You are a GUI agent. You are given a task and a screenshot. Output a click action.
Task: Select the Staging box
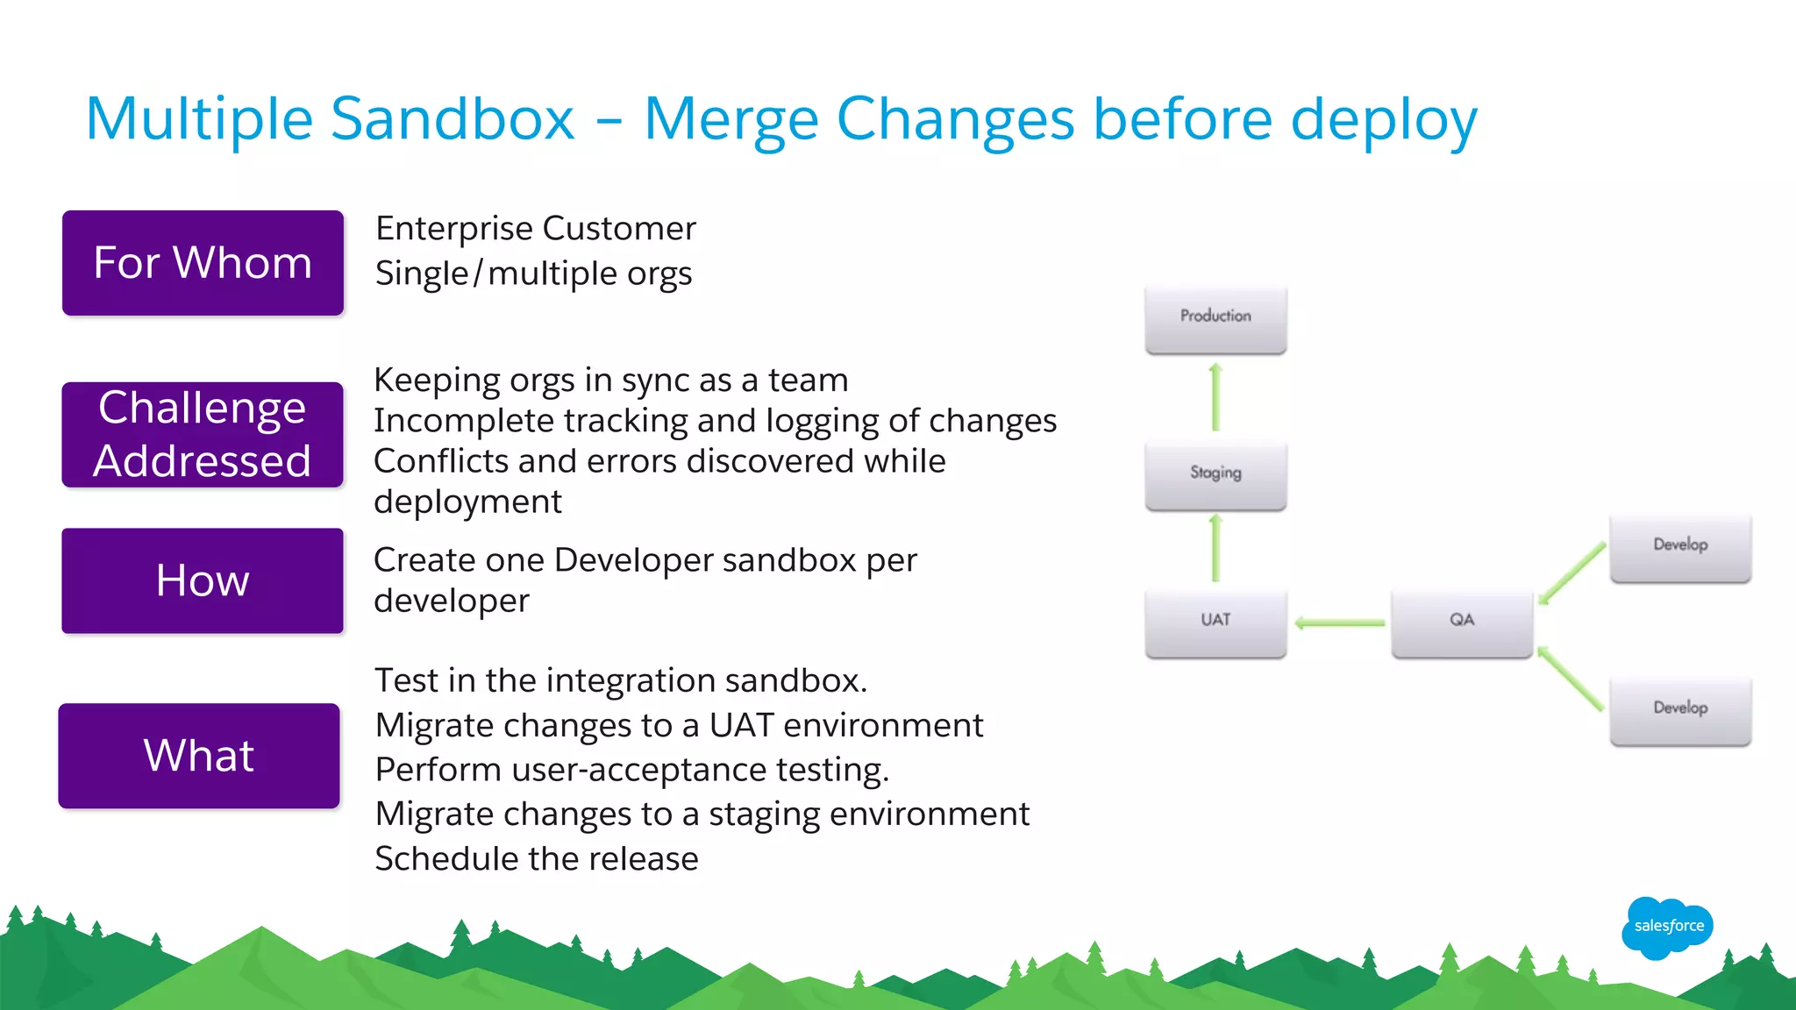pyautogui.click(x=1215, y=475)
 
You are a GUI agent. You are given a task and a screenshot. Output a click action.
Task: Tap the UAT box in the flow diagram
pyautogui.click(x=1215, y=622)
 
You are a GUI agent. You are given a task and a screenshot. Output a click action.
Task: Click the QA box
pyautogui.click(x=1461, y=622)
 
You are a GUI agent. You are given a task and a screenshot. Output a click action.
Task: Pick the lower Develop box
pyautogui.click(x=1680, y=710)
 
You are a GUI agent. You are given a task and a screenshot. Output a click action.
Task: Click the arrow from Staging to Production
pyautogui.click(x=1215, y=398)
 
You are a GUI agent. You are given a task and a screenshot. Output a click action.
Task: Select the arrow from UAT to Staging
pyautogui.click(x=1215, y=550)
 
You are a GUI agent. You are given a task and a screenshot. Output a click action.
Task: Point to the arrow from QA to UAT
pyautogui.click(x=1339, y=622)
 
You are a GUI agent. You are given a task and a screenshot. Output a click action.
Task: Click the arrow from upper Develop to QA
pyautogui.click(x=1571, y=573)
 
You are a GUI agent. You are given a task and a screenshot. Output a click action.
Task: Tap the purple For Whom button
pyautogui.click(x=203, y=263)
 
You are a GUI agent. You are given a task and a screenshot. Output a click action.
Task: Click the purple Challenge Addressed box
pyautogui.click(x=203, y=435)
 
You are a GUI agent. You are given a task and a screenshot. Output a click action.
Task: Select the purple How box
pyautogui.click(x=203, y=580)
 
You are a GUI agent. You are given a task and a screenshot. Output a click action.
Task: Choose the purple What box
pyautogui.click(x=199, y=756)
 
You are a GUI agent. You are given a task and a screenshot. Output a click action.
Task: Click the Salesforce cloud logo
pyautogui.click(x=1668, y=927)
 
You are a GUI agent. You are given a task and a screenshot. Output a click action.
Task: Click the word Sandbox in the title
pyautogui.click(x=453, y=119)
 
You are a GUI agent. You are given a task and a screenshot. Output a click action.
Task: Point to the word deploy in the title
pyautogui.click(x=1384, y=121)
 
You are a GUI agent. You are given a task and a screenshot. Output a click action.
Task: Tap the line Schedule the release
pyautogui.click(x=536, y=859)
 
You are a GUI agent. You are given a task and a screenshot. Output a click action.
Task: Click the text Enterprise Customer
pyautogui.click(x=535, y=229)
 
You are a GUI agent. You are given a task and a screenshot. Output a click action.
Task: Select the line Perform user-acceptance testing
pyautogui.click(x=631, y=770)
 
